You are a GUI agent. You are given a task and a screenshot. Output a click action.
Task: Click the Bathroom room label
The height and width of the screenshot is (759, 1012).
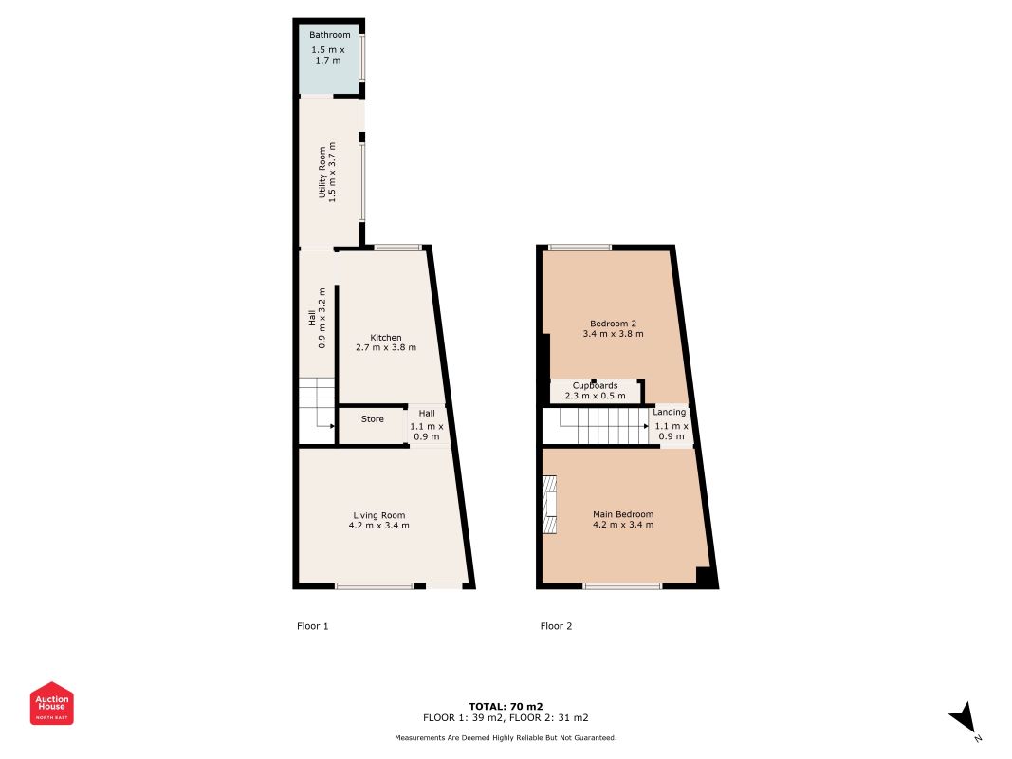pos(329,36)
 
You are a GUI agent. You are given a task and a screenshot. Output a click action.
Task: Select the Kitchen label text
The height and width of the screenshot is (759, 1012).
pos(386,338)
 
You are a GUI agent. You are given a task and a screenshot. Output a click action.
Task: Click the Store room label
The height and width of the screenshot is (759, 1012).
pos(373,419)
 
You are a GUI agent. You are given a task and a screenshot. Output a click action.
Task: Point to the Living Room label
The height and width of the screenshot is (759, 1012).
pos(379,515)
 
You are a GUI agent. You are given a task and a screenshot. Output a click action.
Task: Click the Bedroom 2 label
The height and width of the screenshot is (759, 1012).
pos(613,323)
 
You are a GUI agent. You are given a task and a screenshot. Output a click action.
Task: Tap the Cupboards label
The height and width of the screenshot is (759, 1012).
pos(595,385)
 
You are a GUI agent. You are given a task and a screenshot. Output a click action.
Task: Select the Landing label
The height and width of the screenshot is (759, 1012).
pos(670,412)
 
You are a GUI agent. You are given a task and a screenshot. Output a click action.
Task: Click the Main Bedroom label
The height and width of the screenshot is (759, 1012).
pos(623,514)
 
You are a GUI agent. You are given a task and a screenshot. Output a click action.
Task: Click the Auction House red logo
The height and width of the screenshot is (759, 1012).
pos(52,703)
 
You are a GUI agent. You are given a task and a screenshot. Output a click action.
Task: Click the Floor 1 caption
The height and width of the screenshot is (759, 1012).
pos(312,626)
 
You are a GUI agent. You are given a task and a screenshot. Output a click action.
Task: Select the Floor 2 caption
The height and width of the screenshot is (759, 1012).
pos(556,626)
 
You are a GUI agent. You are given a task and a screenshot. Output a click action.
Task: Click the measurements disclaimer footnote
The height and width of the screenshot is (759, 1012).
pos(506,737)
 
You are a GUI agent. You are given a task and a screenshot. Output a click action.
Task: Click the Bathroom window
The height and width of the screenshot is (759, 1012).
pos(362,58)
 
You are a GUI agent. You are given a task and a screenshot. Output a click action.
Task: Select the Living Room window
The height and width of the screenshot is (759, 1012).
pos(375,586)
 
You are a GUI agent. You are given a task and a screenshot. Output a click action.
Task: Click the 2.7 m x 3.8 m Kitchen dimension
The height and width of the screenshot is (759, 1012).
pos(386,348)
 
